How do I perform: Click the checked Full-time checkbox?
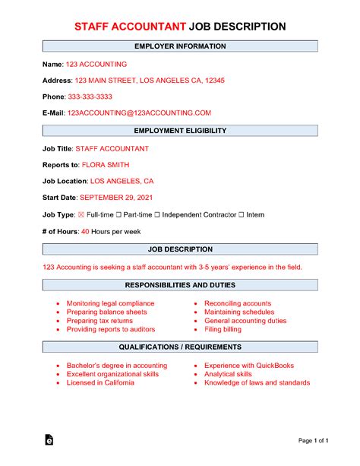(x=82, y=215)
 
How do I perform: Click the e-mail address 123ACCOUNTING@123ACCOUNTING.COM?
(x=139, y=113)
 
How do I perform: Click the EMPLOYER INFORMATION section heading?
(x=179, y=47)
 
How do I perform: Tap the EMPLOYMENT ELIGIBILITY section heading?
(x=180, y=132)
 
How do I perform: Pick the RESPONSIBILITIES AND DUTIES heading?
(x=179, y=285)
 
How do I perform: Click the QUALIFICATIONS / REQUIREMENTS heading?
(x=179, y=347)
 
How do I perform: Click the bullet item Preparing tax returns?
(x=98, y=321)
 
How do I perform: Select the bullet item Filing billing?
(x=226, y=330)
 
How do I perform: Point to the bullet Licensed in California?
(x=100, y=383)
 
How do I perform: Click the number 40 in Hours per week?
(x=85, y=231)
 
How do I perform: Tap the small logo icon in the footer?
(x=49, y=440)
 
